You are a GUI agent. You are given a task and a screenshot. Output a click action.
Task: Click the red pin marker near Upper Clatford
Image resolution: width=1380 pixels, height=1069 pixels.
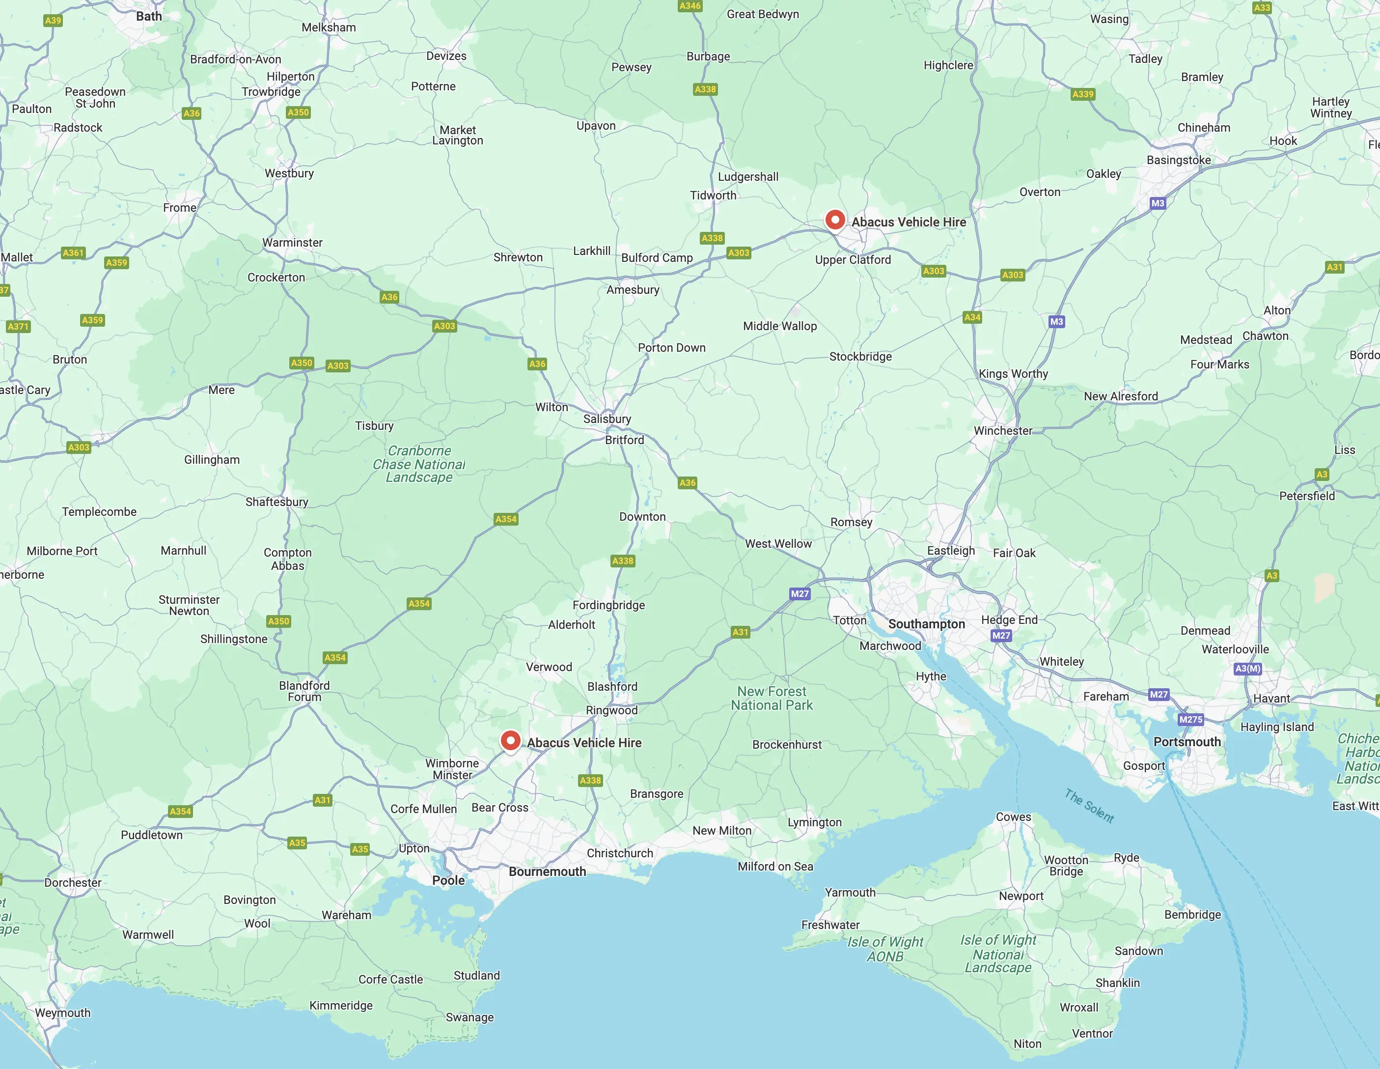[x=835, y=220]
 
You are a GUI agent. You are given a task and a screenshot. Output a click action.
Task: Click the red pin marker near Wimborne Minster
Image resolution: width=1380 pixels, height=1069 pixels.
[x=510, y=740]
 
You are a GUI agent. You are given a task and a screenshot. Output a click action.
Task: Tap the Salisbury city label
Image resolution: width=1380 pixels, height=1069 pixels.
[x=607, y=419]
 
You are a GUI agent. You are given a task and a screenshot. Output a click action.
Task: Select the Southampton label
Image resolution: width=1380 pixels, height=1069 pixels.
[x=926, y=624]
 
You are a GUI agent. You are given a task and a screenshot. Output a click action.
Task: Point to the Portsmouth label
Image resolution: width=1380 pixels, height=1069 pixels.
[x=1187, y=741]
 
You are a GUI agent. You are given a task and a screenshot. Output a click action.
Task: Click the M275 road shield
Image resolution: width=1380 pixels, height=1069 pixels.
[x=1190, y=719]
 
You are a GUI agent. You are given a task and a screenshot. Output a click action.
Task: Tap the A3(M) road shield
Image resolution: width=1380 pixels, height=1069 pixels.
[x=1247, y=668]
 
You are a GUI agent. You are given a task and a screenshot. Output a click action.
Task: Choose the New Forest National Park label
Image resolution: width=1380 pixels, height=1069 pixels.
[x=772, y=698]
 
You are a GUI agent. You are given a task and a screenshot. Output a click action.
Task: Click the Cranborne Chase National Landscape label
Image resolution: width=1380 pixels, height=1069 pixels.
[x=419, y=464]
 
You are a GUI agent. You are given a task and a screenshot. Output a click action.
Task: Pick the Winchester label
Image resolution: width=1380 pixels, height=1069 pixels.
[x=1003, y=430]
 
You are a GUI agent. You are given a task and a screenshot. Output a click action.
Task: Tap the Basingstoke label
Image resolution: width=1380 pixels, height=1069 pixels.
[x=1179, y=160]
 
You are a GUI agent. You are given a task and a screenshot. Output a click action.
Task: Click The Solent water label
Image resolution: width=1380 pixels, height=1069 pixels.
[x=1089, y=805]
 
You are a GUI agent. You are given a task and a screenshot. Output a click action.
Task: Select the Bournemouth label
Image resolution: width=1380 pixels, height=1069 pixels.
[x=547, y=871]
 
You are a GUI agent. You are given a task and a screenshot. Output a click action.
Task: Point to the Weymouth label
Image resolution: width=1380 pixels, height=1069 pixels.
[x=62, y=1012]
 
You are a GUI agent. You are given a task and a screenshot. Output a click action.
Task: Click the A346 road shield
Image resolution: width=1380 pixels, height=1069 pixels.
[x=690, y=6]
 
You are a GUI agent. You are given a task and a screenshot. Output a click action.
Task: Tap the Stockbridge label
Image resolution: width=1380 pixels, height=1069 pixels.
[x=860, y=357]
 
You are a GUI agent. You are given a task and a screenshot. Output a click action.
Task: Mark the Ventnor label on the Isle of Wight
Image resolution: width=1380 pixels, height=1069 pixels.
[x=1092, y=1033]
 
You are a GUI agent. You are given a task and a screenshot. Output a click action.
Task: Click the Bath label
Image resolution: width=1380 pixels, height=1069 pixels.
[x=149, y=16]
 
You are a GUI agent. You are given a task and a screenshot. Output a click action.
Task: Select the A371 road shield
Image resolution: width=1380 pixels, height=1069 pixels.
[x=18, y=326]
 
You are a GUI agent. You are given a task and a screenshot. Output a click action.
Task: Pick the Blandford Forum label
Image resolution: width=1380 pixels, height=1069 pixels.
[x=304, y=691]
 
